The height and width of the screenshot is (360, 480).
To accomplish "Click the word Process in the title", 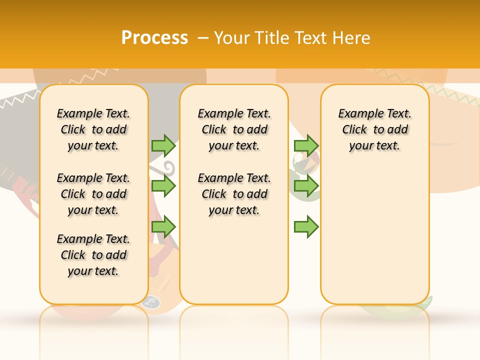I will coord(154,37).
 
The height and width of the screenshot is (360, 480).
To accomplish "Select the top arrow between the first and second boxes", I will coord(163,145).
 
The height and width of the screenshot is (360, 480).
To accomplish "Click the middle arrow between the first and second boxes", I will coord(163,186).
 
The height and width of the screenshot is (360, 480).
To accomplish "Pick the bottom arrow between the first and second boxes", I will coord(163,227).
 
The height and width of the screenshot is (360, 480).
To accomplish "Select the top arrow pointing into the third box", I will coord(306,145).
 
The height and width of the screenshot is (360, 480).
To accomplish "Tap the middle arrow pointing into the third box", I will coord(306,186).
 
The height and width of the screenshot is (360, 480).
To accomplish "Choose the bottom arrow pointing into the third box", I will coord(306,227).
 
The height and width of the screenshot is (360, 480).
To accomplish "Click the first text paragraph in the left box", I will coord(93,129).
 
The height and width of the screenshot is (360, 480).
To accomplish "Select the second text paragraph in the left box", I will coord(93,194).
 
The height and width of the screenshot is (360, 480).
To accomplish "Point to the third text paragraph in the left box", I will coord(93,255).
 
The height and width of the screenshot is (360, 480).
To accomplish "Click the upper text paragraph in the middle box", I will coord(234,129).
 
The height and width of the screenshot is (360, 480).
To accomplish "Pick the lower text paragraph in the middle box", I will coord(234,194).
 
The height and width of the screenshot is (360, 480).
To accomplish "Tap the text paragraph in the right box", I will coord(374,129).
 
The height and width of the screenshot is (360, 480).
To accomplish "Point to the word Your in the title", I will coord(230,37).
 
